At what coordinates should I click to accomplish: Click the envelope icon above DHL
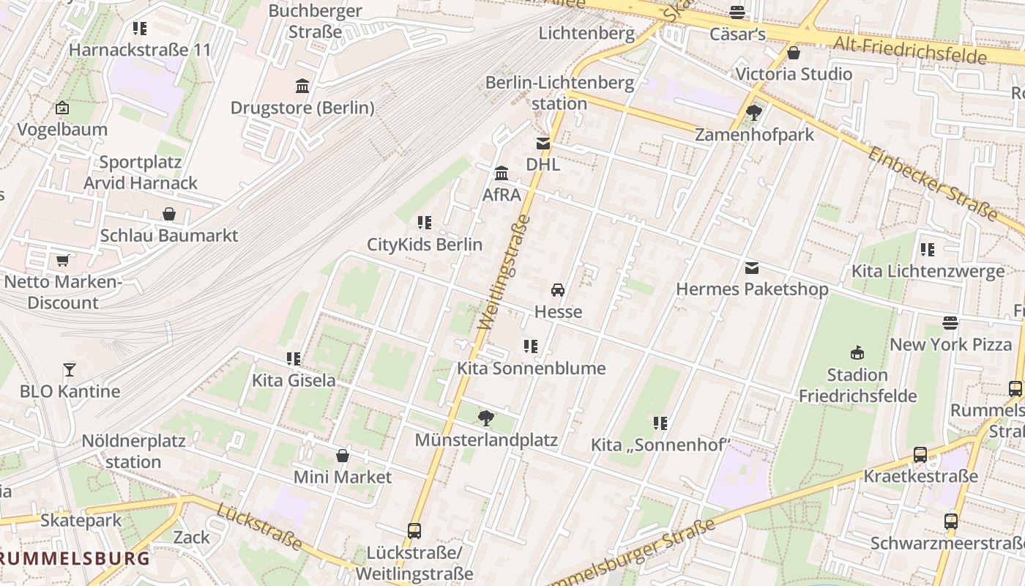click(x=543, y=144)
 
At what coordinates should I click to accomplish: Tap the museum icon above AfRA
click(x=502, y=174)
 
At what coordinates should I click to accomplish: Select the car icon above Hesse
click(x=558, y=290)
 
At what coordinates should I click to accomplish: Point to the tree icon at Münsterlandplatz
click(x=485, y=418)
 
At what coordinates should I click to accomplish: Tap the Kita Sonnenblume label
click(x=531, y=368)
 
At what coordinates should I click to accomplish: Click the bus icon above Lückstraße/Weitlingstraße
click(x=414, y=530)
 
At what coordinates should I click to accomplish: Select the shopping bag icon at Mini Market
click(x=342, y=456)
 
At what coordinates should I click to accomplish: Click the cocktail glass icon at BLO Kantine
click(x=70, y=369)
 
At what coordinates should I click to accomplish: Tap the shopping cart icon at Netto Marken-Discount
click(x=62, y=260)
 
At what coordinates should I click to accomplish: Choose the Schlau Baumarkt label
click(x=169, y=236)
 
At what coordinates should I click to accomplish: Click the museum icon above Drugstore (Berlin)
click(x=302, y=86)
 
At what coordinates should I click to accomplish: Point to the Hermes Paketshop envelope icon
click(x=752, y=268)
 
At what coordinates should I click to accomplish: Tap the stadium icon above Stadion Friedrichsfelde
click(x=857, y=353)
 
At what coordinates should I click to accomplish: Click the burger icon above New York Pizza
click(x=950, y=323)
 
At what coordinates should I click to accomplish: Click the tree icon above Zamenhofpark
click(x=754, y=113)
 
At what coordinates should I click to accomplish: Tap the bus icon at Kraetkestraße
click(x=920, y=455)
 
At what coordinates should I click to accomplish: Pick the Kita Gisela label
click(x=294, y=380)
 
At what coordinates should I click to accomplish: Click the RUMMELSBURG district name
click(x=75, y=558)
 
